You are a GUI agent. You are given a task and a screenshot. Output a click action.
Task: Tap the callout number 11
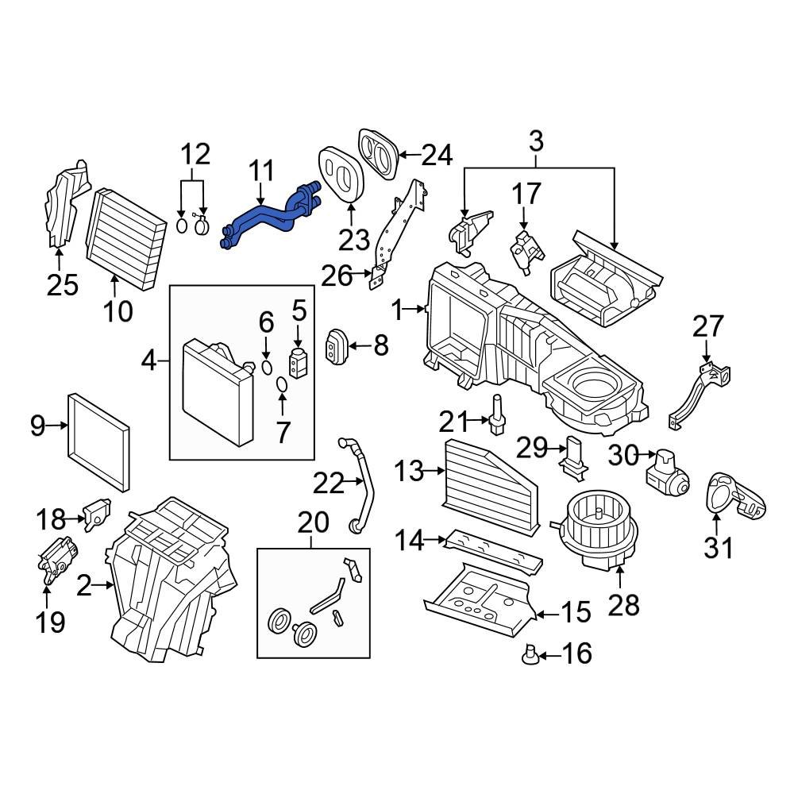pos(261,171)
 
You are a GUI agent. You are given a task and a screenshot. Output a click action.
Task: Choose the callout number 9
pos(37,426)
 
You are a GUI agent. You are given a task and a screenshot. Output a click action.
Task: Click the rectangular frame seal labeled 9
pos(99,441)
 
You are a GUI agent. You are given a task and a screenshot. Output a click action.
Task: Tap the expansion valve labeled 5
pos(299,361)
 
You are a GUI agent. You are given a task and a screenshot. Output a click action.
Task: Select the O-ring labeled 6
pos(267,367)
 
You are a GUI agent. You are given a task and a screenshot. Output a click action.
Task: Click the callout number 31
pos(719,547)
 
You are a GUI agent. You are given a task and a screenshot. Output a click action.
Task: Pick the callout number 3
pos(536,143)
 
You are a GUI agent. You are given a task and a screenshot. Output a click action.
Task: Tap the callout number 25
pos(63,284)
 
